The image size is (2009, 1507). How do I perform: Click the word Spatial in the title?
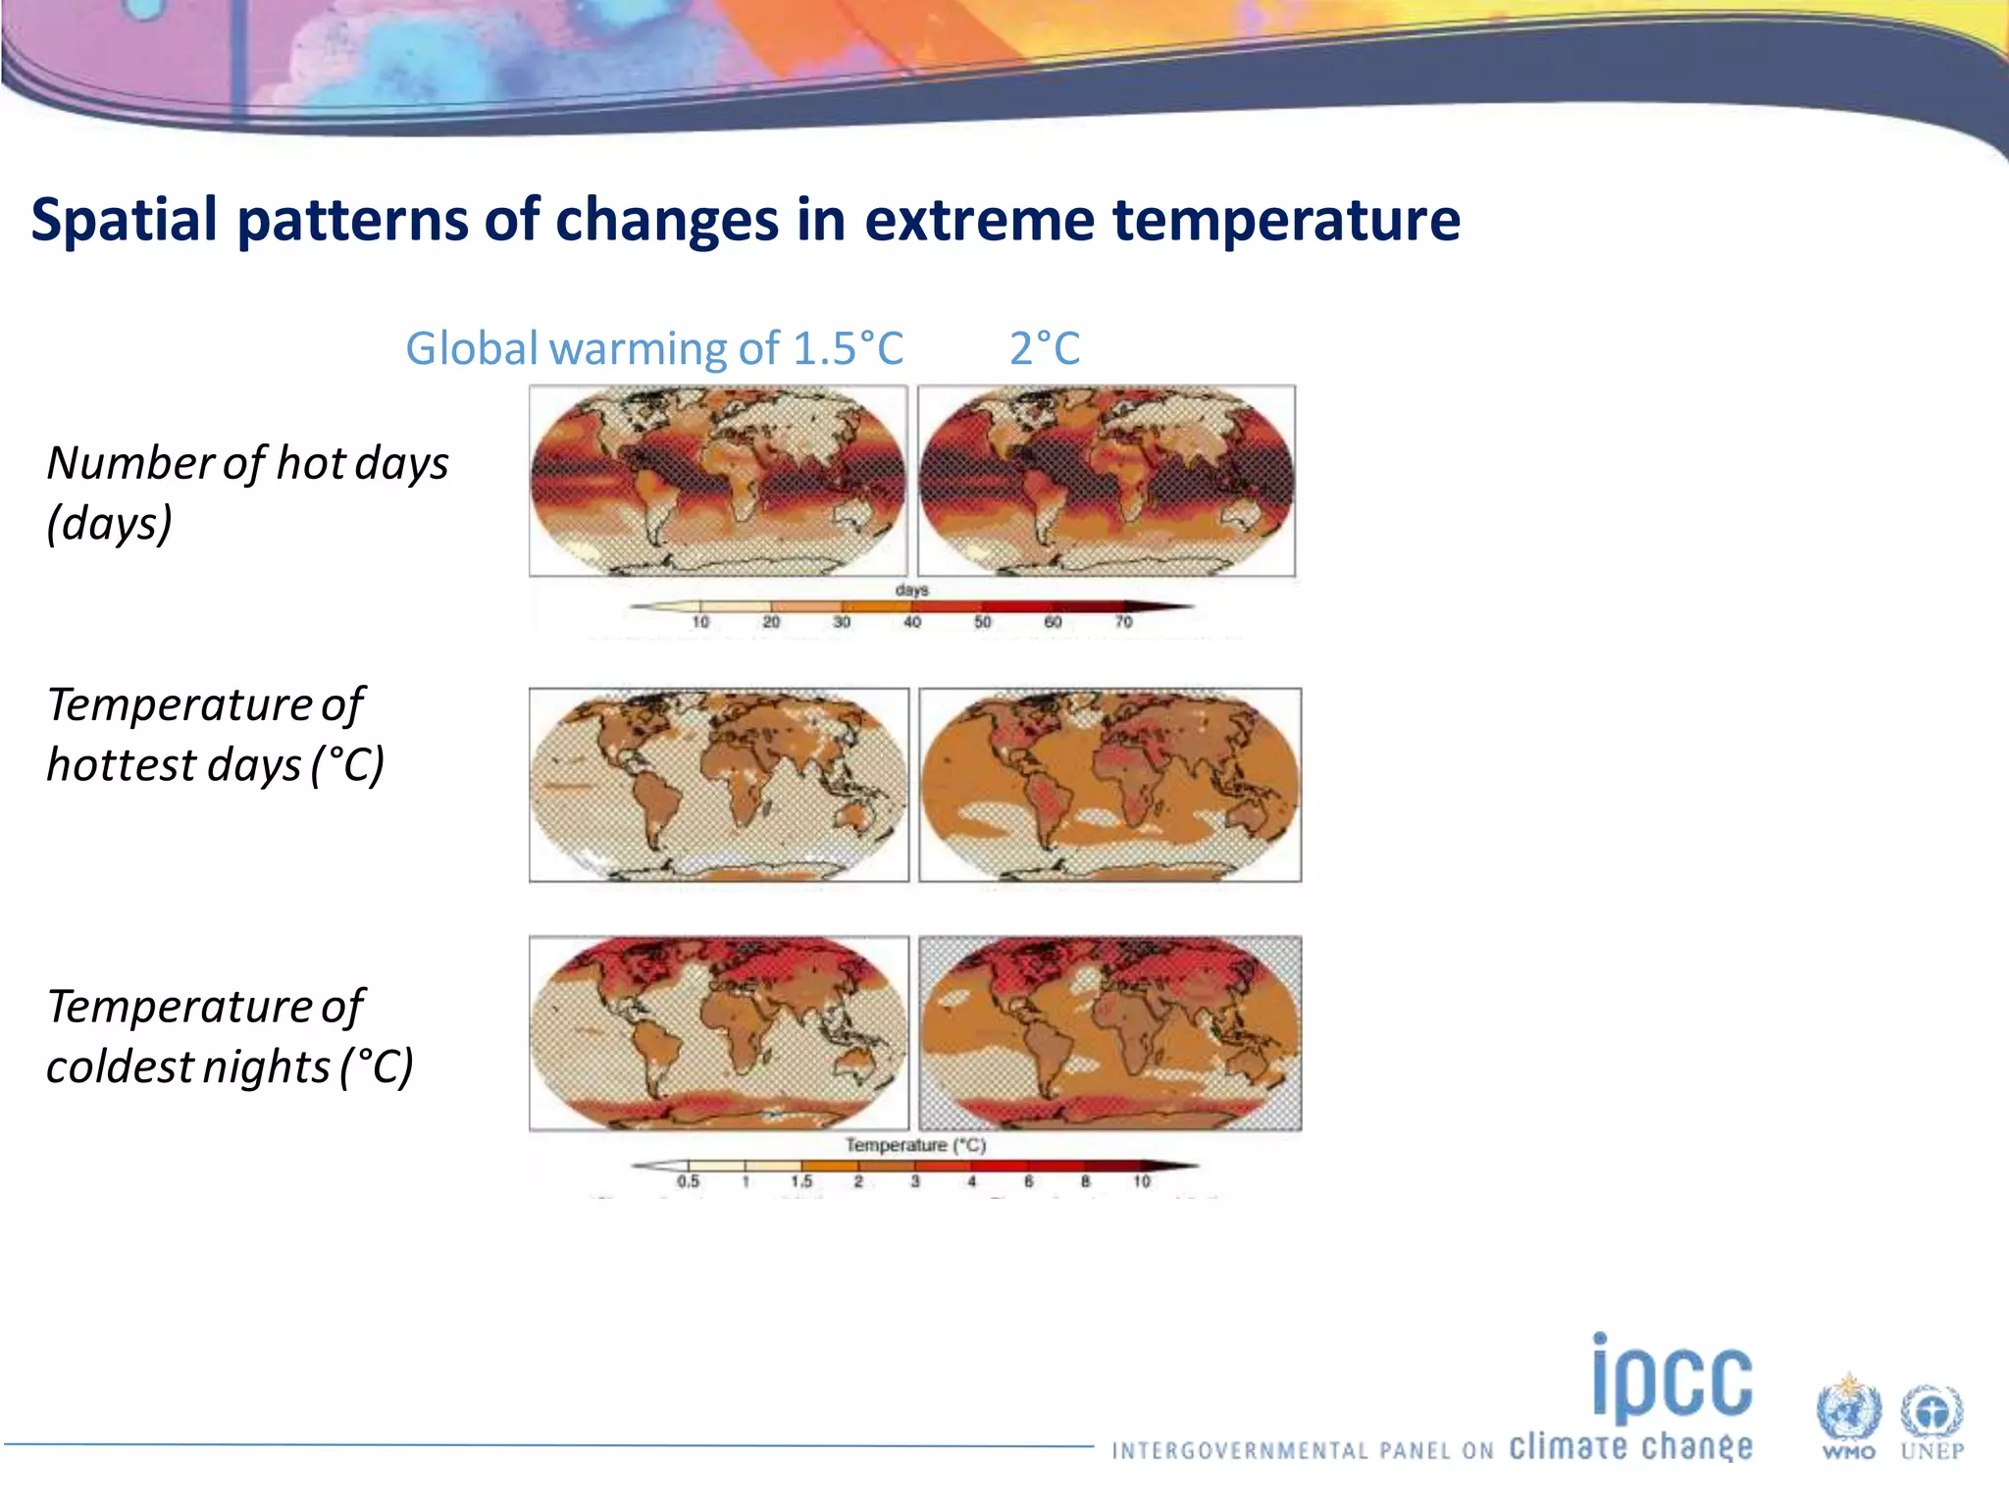[x=124, y=220]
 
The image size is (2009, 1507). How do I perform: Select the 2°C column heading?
[x=1045, y=348]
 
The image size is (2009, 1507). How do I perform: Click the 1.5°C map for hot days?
[x=718, y=481]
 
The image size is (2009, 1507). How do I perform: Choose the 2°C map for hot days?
[x=1107, y=481]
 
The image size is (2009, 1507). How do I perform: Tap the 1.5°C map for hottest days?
[x=718, y=785]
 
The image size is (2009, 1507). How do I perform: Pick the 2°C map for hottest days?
[x=1109, y=785]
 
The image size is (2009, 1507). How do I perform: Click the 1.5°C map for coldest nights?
[x=718, y=1033]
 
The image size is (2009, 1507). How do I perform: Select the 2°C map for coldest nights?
[x=1109, y=1033]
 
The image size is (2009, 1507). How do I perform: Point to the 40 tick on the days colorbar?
[x=912, y=621]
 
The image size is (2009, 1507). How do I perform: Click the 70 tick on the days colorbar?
[x=1123, y=621]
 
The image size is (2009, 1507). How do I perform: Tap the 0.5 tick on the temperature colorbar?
[x=689, y=1181]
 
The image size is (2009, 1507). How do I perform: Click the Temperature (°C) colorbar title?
[x=915, y=1145]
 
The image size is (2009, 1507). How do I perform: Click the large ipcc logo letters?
[x=1673, y=1379]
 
